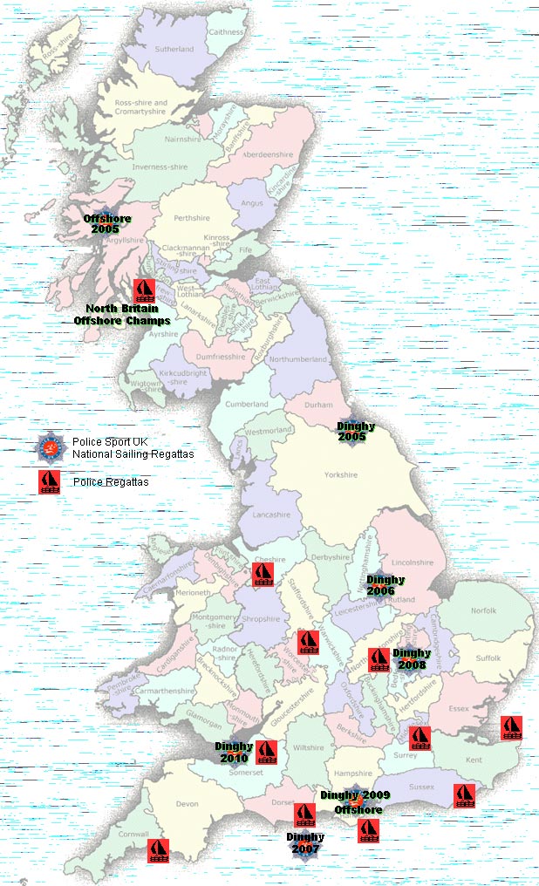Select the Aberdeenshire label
(268, 154)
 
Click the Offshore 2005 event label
(104, 223)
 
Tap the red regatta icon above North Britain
(145, 290)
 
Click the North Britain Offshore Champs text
(121, 314)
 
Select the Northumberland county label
(299, 359)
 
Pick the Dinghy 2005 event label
(356, 431)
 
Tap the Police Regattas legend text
(111, 482)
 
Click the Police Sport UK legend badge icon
(49, 447)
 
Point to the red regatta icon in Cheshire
(263, 574)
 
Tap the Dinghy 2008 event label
(411, 658)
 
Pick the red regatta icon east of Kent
(510, 728)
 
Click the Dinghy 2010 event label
(234, 752)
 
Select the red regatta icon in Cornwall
(157, 849)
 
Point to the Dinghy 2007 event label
(305, 842)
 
